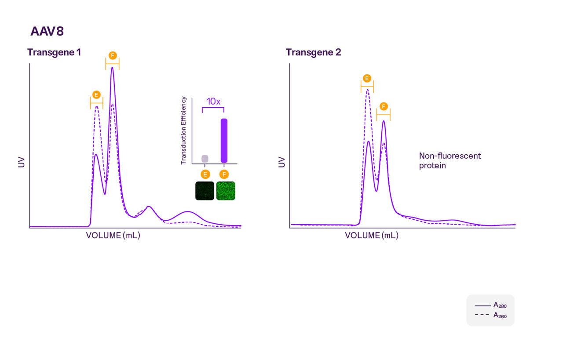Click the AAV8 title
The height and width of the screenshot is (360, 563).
(x=48, y=32)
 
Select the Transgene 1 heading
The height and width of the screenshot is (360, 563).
(x=54, y=52)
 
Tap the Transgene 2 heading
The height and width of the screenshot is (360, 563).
(x=313, y=52)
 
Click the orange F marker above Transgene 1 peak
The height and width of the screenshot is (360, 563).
(x=112, y=55)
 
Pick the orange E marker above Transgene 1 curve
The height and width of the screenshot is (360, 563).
(x=96, y=95)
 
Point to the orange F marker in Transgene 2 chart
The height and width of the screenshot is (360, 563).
(x=383, y=107)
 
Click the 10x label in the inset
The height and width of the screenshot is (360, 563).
(x=213, y=102)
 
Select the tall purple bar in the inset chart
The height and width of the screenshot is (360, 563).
(x=224, y=140)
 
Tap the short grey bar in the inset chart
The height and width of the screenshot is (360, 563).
(x=205, y=158)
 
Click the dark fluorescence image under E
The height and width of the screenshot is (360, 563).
(x=205, y=191)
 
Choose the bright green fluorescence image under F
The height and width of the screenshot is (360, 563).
(x=225, y=191)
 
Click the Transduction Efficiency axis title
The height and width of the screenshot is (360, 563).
(x=184, y=131)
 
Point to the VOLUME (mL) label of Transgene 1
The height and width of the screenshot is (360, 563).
(x=113, y=236)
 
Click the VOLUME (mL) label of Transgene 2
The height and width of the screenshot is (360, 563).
(x=372, y=236)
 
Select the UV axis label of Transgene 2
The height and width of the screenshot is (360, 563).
(x=282, y=162)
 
